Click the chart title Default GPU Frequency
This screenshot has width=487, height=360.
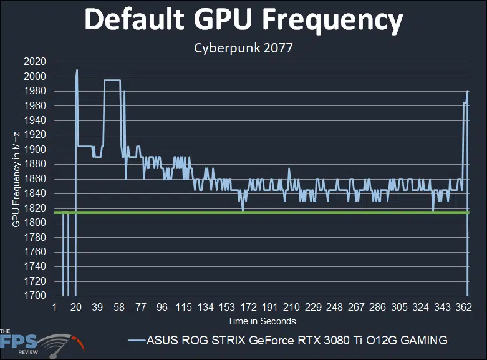coord(244,21)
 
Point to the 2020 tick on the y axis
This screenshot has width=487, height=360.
coord(35,62)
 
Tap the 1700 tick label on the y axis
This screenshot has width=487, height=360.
coord(35,296)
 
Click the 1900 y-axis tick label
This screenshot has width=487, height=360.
coord(35,150)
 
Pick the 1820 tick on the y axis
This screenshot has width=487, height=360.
coord(35,208)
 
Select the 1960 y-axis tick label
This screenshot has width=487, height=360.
coord(35,106)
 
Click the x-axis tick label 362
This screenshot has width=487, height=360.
coord(463,308)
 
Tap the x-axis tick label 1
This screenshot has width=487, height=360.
coord(55,308)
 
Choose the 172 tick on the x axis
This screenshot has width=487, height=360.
coord(247,308)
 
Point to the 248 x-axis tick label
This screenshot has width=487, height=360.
coord(333,308)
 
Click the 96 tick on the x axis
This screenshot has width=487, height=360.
coord(162,308)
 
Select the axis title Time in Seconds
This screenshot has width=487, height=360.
coord(261,321)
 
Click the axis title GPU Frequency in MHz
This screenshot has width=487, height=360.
coord(17,179)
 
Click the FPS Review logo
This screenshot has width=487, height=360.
coord(41,343)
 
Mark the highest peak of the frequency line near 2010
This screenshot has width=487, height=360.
coord(77,70)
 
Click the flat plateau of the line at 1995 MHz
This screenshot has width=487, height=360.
coord(112,80)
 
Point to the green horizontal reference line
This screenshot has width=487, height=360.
coord(281,213)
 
